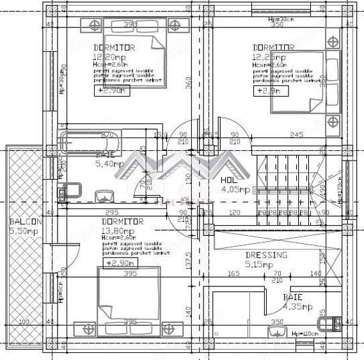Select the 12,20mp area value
pyautogui.click(x=107, y=57)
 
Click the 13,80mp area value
pyautogui.click(x=118, y=230)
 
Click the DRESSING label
pyautogui.click(x=266, y=254)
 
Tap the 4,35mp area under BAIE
pyautogui.click(x=297, y=307)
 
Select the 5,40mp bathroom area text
pyautogui.click(x=108, y=164)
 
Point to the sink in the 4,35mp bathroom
pyautogui.click(x=277, y=330)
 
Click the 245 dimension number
pyautogui.click(x=296, y=135)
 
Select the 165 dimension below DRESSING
pyautogui.click(x=233, y=273)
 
